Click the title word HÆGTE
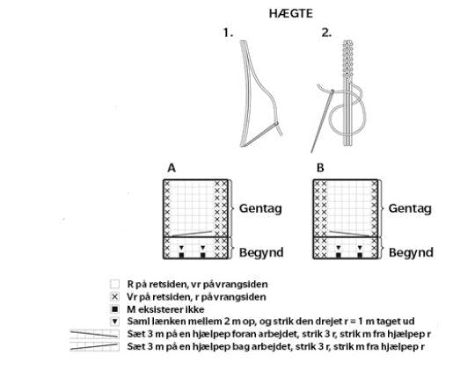pyautogui.click(x=291, y=13)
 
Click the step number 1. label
pyautogui.click(x=228, y=33)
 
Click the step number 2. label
pyautogui.click(x=326, y=33)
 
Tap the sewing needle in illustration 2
pyautogui.click(x=322, y=121)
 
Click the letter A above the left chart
pyautogui.click(x=172, y=168)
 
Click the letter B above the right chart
pyautogui.click(x=320, y=168)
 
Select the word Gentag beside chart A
pyautogui.click(x=260, y=208)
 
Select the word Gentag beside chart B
pyautogui.click(x=410, y=208)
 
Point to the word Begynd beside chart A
pyautogui.click(x=261, y=252)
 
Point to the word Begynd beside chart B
pyautogui.click(x=411, y=252)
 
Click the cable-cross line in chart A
pyautogui.click(x=192, y=234)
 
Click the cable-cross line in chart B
pyautogui.click(x=349, y=234)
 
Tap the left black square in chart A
pyautogui.click(x=181, y=255)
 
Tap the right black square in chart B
pyautogui.click(x=360, y=255)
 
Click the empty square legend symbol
pyautogui.click(x=114, y=284)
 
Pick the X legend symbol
pyautogui.click(x=115, y=297)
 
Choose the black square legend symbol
pyautogui.click(x=115, y=309)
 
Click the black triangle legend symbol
pyautogui.click(x=115, y=322)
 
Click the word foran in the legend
pyautogui.click(x=228, y=334)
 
